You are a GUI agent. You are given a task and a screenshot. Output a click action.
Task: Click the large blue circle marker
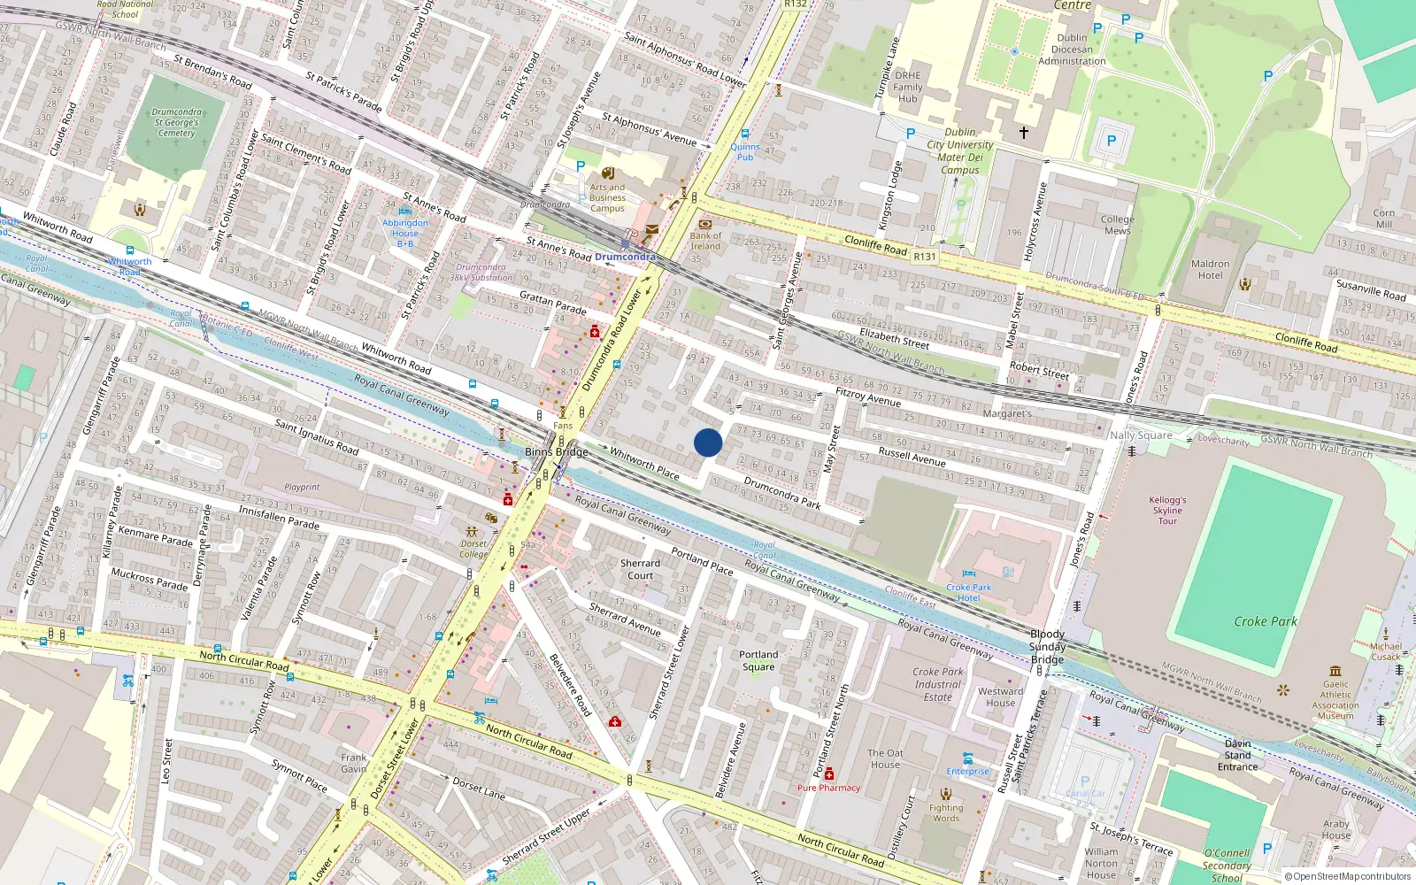tap(708, 442)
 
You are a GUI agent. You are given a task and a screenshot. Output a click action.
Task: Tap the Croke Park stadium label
tap(1266, 621)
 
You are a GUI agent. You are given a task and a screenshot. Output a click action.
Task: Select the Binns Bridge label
tap(556, 451)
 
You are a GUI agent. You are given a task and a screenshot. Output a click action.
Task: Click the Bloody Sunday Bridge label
tap(1047, 646)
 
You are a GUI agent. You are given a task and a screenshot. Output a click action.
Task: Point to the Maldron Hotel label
tap(1210, 269)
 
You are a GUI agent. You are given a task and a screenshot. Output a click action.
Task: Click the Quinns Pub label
tap(745, 152)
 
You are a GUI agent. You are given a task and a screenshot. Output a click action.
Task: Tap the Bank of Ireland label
tap(705, 241)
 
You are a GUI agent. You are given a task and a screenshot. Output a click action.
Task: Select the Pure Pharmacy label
tap(828, 788)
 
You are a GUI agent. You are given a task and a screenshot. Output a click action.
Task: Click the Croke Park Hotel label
tap(968, 592)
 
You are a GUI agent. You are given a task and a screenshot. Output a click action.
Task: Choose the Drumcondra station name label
tap(625, 257)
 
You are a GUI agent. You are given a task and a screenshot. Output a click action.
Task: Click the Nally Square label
tap(1141, 435)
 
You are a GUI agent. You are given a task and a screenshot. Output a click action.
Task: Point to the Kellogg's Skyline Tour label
tap(1167, 510)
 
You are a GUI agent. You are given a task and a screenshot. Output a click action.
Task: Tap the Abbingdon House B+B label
tap(405, 233)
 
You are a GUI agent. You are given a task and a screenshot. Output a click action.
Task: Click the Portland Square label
tap(758, 660)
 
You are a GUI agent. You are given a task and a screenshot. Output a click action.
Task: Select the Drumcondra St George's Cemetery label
tap(177, 123)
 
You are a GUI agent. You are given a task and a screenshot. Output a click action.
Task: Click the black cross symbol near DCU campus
tap(1024, 133)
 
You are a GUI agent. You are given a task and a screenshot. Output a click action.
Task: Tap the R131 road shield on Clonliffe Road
tap(925, 256)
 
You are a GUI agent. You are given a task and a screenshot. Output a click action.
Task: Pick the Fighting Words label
tap(946, 812)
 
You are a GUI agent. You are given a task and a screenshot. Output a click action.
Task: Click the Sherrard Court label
tap(640, 569)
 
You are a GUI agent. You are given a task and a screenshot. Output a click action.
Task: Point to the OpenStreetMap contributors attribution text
tap(1347, 876)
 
